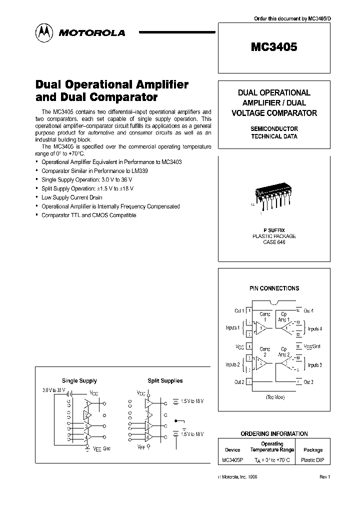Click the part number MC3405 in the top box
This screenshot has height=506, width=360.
tap(274, 47)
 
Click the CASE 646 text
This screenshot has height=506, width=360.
tap(274, 242)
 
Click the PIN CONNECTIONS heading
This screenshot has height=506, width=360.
tap(274, 288)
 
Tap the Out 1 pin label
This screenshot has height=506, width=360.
tap(239, 311)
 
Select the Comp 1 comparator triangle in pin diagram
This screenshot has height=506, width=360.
tap(262, 328)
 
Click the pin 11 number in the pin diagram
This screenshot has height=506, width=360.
tap(298, 346)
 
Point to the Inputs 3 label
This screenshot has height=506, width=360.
tap(314, 365)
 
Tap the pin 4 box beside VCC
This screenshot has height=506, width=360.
tap(249, 346)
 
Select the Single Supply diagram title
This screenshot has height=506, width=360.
tap(79, 381)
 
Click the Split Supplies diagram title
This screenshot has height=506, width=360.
tap(165, 381)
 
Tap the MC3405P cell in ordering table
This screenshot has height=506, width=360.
tap(232, 460)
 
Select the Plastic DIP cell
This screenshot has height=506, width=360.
tap(313, 460)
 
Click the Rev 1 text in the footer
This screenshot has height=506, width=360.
tap(324, 477)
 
